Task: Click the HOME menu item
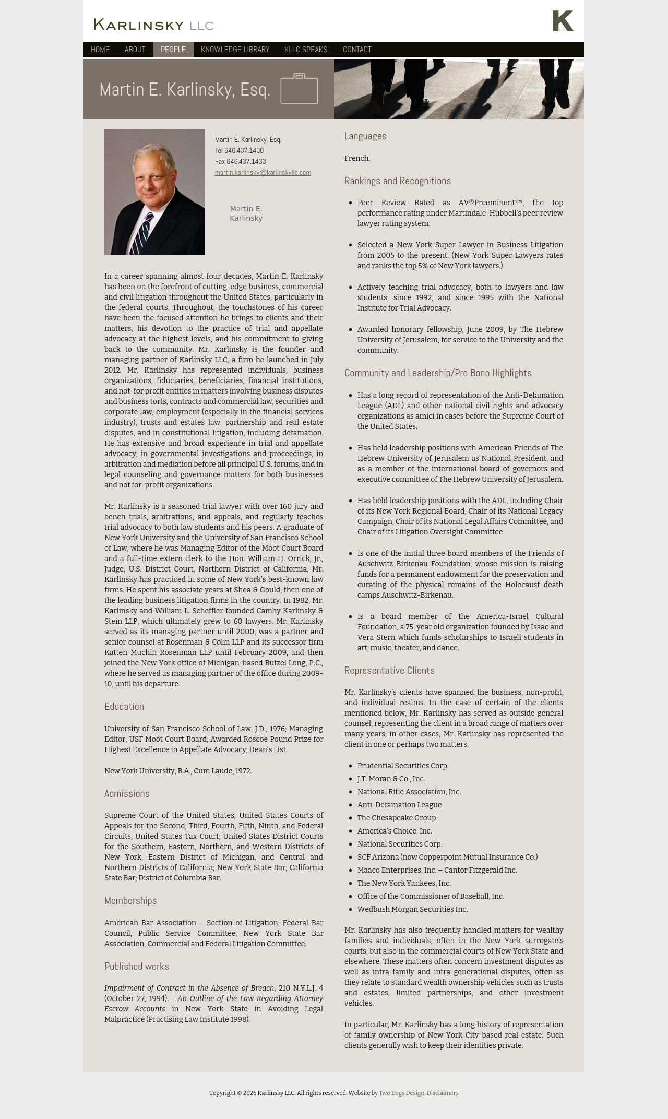pyautogui.click(x=100, y=50)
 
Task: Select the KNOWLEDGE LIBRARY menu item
pyautogui.click(x=235, y=50)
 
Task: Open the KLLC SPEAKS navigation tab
pyautogui.click(x=306, y=50)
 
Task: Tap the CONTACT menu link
pyautogui.click(x=357, y=50)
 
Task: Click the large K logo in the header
pyautogui.click(x=563, y=21)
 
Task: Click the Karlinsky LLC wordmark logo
pyautogui.click(x=154, y=25)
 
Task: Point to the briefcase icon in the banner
pyautogui.click(x=299, y=89)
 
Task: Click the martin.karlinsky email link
pyautogui.click(x=263, y=173)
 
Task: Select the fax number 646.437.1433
pyautogui.click(x=246, y=162)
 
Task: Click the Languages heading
pyautogui.click(x=365, y=136)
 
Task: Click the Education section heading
pyautogui.click(x=124, y=707)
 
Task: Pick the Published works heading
pyautogui.click(x=137, y=967)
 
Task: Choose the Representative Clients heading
pyautogui.click(x=389, y=671)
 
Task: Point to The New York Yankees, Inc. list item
pyautogui.click(x=404, y=884)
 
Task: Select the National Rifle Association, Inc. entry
pyautogui.click(x=409, y=792)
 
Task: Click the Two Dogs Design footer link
pyautogui.click(x=401, y=1093)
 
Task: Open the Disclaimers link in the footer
pyautogui.click(x=443, y=1093)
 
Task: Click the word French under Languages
pyautogui.click(x=357, y=158)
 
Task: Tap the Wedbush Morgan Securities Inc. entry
pyautogui.click(x=412, y=910)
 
